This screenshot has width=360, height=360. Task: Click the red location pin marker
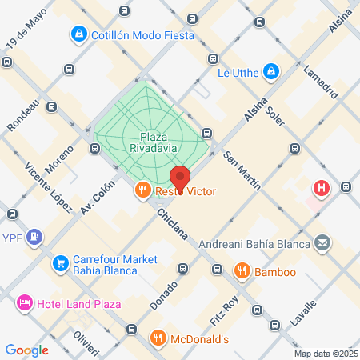point(180,178)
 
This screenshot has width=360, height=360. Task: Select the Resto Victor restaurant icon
point(142,190)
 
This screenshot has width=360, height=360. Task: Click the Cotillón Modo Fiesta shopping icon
point(78,34)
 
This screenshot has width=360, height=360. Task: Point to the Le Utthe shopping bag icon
point(272,72)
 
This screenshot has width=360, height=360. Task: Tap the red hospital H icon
point(322,190)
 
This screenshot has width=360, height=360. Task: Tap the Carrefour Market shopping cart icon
point(60,262)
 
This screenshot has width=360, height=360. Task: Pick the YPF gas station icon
point(34,237)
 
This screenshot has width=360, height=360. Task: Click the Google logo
point(26,350)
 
